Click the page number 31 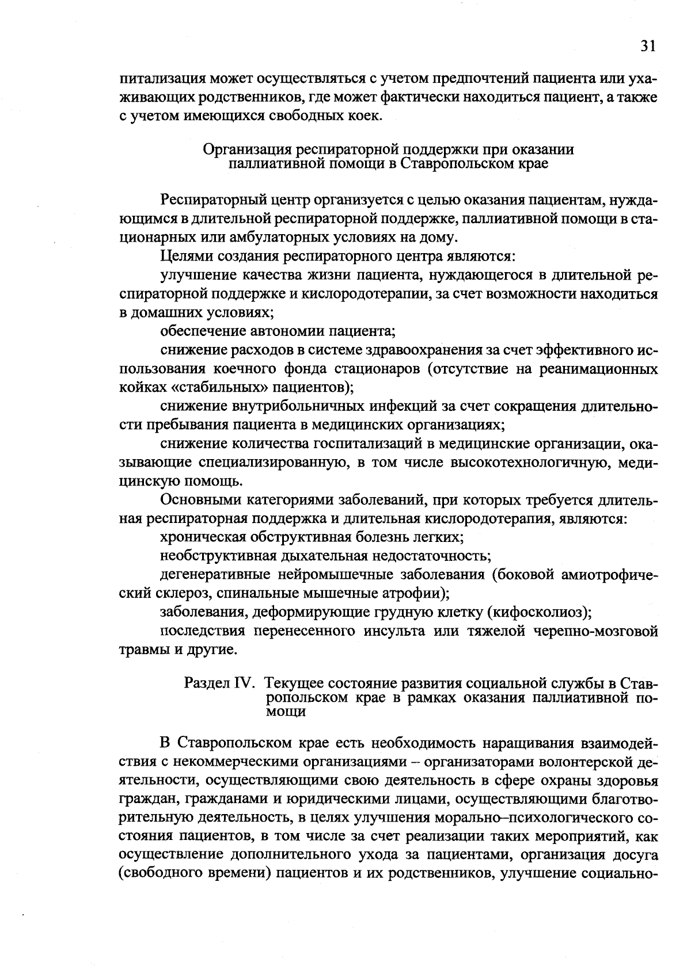coord(647,47)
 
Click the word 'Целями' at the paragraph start coord(183,256)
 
